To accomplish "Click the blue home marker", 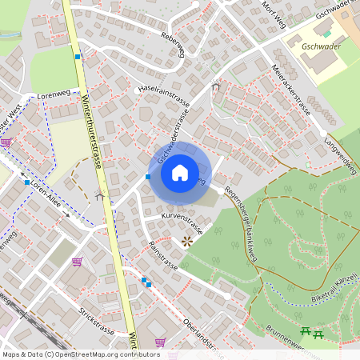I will (x=180, y=173).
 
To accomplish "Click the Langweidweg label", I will (x=339, y=149).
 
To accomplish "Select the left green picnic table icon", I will (x=305, y=331).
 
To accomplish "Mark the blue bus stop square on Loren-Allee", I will (x=28, y=183).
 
